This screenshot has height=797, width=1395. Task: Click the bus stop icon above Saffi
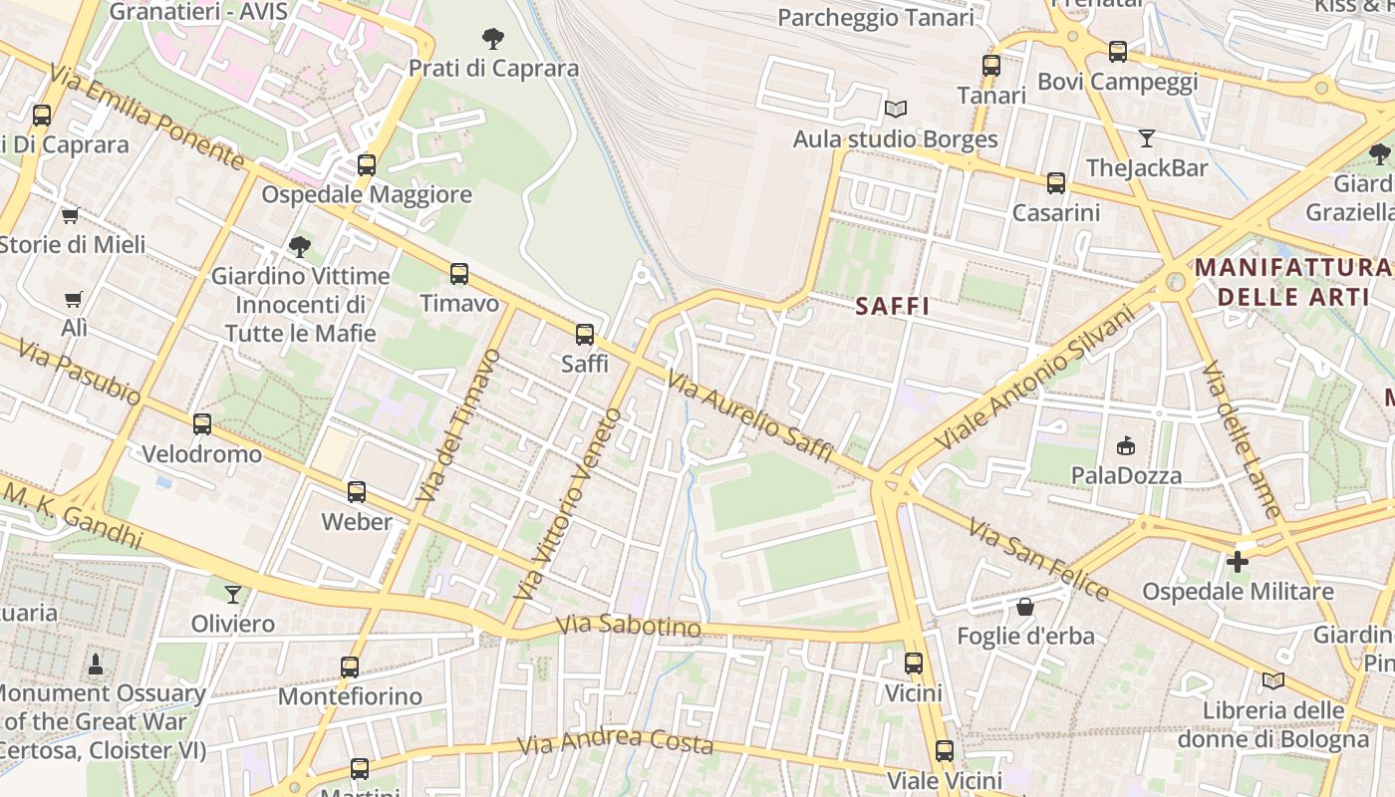[585, 334]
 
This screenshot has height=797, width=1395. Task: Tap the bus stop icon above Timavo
[459, 273]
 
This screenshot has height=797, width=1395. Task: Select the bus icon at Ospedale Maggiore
[367, 164]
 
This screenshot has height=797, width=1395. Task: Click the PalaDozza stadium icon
[1126, 445]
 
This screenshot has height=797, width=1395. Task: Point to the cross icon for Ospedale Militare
[1237, 562]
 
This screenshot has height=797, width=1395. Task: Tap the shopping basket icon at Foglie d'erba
[1025, 606]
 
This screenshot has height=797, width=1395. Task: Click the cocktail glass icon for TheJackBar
[1147, 137]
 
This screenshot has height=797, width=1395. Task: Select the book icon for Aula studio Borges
[896, 109]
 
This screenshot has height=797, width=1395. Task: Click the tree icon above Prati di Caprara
[492, 39]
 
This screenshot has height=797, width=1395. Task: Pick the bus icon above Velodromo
[202, 424]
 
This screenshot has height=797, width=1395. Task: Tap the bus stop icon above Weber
[357, 491]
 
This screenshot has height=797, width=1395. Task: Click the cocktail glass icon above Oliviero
[233, 595]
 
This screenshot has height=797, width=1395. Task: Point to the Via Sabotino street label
[629, 627]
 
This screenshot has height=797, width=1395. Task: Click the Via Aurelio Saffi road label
[749, 417]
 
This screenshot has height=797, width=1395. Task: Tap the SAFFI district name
[893, 307]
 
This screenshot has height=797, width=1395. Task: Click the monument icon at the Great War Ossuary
[96, 664]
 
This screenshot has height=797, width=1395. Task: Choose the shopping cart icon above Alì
[73, 299]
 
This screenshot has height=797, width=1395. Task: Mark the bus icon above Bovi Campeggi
[1118, 51]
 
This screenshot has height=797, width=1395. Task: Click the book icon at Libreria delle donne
[1272, 680]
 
